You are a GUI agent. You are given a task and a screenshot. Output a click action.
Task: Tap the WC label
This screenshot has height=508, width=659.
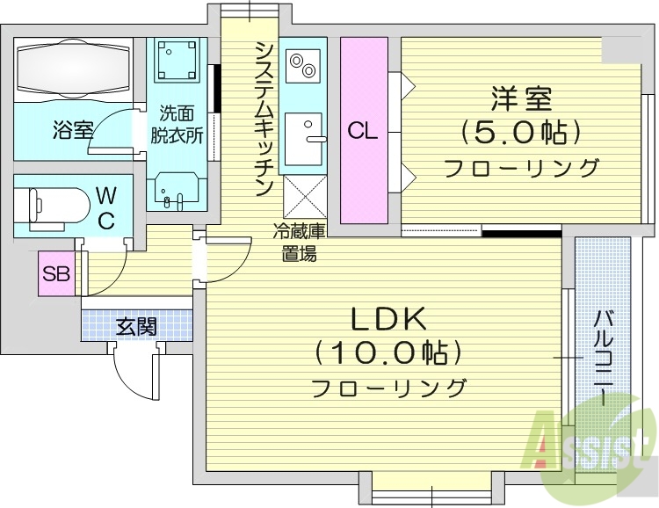(105, 206)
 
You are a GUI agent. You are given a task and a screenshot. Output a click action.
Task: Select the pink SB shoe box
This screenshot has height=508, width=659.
(56, 273)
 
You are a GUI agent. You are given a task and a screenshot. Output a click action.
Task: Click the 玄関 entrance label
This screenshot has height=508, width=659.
(136, 327)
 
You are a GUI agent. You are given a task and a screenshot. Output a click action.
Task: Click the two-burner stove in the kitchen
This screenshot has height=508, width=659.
(304, 67)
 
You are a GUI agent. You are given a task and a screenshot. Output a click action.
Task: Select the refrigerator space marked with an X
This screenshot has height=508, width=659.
(304, 194)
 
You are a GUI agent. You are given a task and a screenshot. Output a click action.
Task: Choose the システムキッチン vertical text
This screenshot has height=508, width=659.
(263, 119)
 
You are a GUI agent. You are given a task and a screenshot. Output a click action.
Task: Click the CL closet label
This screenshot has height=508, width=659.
(363, 132)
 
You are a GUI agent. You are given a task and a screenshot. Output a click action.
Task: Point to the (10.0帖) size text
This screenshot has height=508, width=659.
(387, 353)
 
